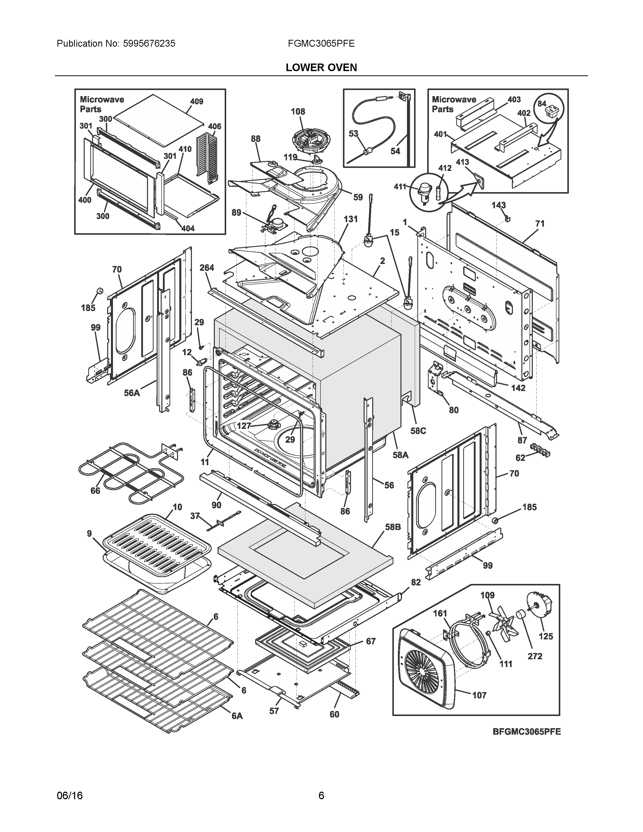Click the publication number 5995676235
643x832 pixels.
point(149,43)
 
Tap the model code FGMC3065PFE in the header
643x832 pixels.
point(321,43)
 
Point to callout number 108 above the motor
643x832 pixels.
point(298,112)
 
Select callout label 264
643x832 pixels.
point(207,268)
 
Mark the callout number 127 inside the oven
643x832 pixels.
point(244,426)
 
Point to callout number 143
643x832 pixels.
point(498,205)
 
